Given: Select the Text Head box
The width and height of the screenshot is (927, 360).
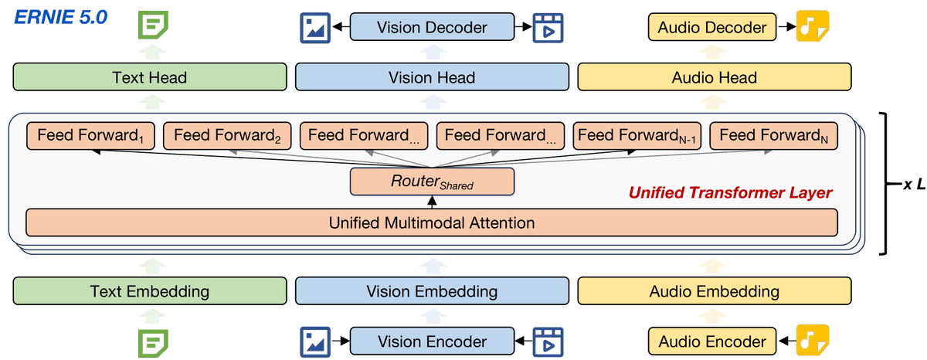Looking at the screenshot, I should [x=149, y=77].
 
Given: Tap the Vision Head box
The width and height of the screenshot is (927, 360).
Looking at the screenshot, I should [x=432, y=77].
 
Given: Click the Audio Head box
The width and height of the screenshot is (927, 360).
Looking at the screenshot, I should [x=714, y=77].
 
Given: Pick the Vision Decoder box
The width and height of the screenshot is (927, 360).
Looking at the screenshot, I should [x=432, y=28].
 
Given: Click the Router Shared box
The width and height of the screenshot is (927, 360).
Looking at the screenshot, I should [x=432, y=182].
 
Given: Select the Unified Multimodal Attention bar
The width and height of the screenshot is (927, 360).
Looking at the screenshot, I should [x=432, y=223].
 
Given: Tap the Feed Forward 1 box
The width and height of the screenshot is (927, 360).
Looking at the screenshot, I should [x=91, y=136].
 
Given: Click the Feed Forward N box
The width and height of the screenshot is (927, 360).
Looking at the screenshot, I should [x=773, y=136].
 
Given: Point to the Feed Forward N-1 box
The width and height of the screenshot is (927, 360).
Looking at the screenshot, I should [x=637, y=136].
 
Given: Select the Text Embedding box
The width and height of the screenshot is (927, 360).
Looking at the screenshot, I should [x=149, y=291].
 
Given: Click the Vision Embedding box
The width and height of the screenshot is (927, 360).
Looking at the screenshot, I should [x=432, y=291].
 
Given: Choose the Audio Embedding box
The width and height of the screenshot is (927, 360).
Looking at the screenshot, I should [x=714, y=291].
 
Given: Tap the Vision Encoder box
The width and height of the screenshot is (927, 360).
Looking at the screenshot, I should [x=432, y=341].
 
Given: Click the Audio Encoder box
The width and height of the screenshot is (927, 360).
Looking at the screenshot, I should [x=711, y=341].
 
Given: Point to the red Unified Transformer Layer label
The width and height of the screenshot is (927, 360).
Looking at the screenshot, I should [x=730, y=192].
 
